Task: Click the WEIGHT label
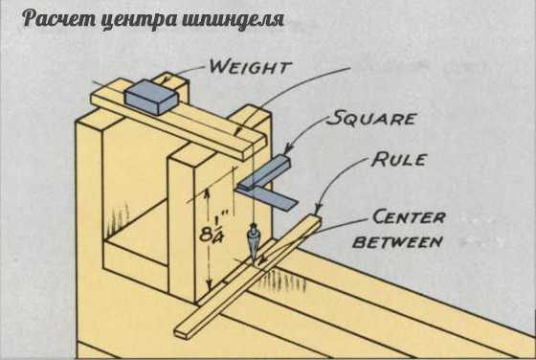250,67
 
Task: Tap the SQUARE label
371,118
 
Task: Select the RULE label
400,159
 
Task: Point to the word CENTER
409,216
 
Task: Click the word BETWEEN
398,242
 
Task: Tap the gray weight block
151,97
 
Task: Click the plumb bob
253,244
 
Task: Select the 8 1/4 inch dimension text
212,230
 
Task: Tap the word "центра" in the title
140,20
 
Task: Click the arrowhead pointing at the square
289,148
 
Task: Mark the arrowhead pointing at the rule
318,208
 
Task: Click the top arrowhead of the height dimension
207,192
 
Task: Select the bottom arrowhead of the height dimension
209,284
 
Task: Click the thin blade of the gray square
270,198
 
